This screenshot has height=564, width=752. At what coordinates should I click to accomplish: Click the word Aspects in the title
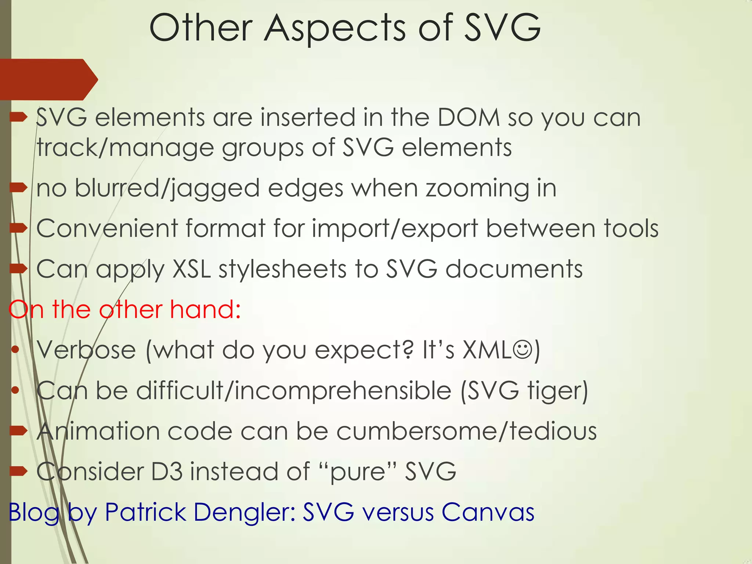(335, 29)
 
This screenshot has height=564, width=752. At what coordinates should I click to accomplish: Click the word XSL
(191, 269)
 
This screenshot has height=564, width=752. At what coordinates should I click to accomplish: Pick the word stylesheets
(282, 269)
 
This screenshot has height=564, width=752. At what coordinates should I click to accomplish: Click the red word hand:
(205, 309)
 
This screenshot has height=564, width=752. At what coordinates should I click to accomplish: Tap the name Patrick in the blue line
(145, 512)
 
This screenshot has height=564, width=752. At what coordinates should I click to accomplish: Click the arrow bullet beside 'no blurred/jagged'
(18, 188)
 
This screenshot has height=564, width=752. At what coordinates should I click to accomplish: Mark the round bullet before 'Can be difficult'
(15, 391)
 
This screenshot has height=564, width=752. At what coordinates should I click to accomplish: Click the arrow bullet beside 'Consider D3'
(18, 471)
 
